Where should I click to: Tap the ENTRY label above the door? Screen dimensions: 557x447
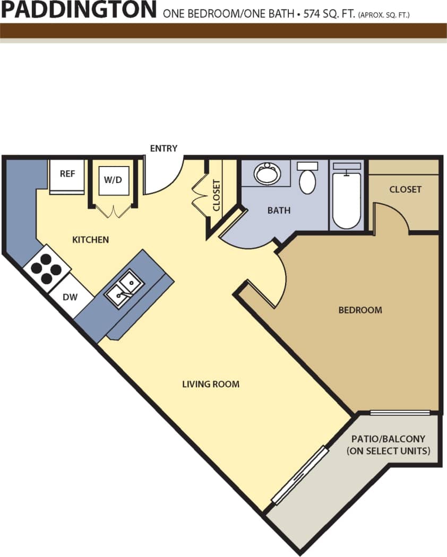(164, 149)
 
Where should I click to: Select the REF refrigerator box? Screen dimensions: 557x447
(67, 175)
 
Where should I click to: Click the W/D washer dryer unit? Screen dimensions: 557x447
(113, 180)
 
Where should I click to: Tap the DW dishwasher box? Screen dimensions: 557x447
(70, 297)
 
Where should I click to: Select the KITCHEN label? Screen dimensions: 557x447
(90, 240)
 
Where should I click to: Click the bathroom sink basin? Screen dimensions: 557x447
(267, 173)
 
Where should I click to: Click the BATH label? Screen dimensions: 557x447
(279, 211)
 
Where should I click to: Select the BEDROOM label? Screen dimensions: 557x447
(360, 310)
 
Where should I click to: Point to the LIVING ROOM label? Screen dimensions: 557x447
(211, 384)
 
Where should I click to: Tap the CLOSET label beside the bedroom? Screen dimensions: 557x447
(405, 189)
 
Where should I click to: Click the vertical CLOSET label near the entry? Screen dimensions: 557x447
(217, 195)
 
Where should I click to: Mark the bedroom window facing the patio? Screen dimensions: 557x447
(400, 413)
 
